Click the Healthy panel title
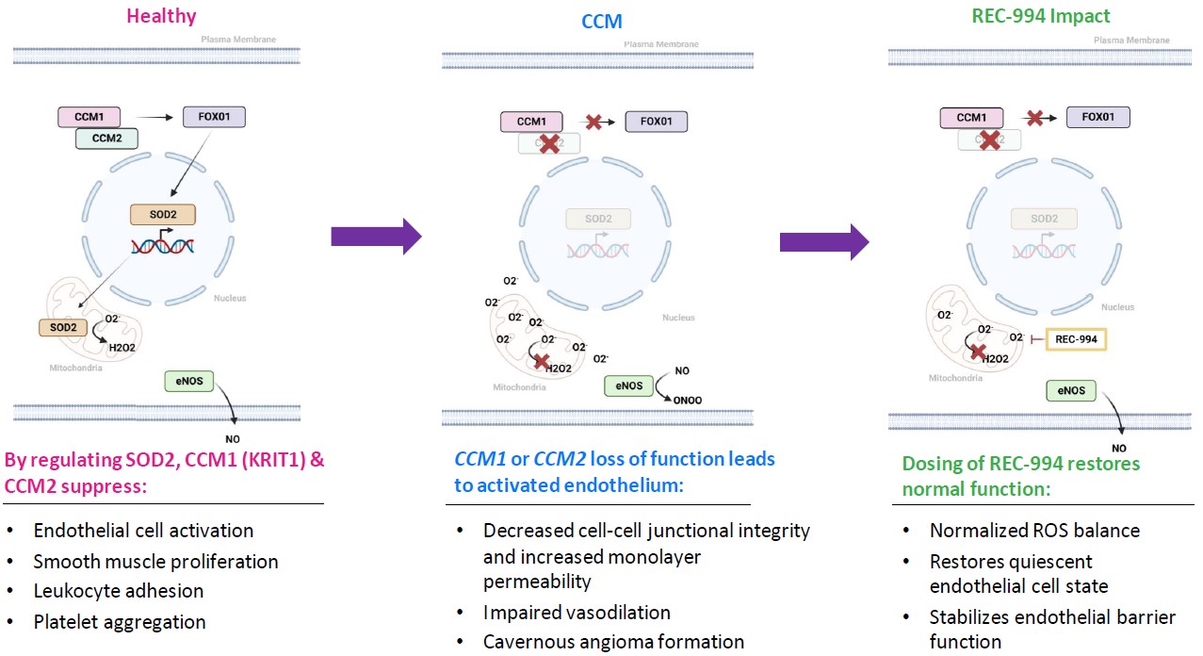click(162, 15)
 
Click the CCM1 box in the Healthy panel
click(89, 118)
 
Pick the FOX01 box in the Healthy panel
click(213, 118)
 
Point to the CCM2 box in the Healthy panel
click(106, 139)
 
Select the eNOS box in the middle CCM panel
click(628, 385)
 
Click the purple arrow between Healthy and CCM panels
click(375, 236)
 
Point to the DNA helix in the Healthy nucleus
click(163, 246)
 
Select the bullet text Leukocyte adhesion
click(118, 591)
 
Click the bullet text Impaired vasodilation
click(577, 612)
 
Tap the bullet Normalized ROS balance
click(1034, 530)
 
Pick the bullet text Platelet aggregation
click(120, 621)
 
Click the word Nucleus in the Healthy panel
click(229, 298)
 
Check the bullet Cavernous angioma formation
click(613, 642)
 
